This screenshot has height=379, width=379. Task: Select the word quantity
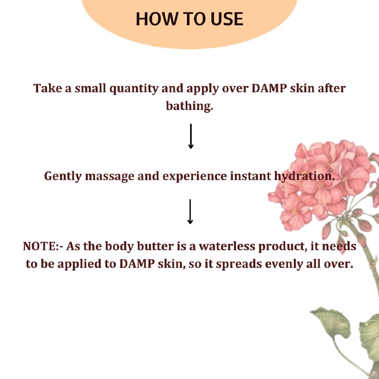(134, 89)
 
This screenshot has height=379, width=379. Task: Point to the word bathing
(189, 106)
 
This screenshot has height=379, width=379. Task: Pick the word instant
(250, 176)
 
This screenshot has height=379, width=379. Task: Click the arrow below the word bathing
(190, 136)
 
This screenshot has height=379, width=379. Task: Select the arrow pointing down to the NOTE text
(190, 212)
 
